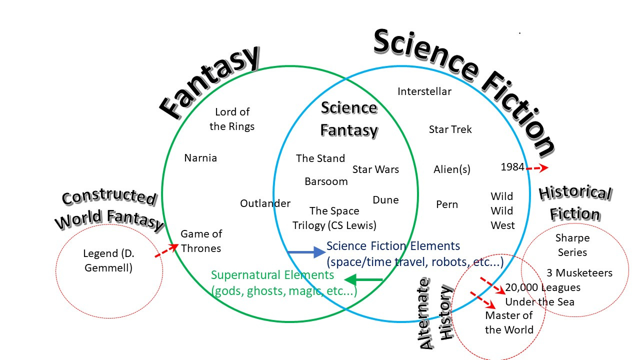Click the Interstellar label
click(x=424, y=91)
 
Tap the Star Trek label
click(x=450, y=129)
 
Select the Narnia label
click(x=200, y=158)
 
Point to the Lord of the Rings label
click(x=232, y=119)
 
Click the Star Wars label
click(x=375, y=169)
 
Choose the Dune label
click(x=385, y=200)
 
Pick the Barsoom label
click(x=326, y=181)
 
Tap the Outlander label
click(x=265, y=203)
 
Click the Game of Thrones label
click(x=201, y=241)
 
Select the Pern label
click(x=447, y=204)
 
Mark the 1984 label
click(x=512, y=167)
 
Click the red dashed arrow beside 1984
click(x=537, y=168)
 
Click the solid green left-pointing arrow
click(x=363, y=279)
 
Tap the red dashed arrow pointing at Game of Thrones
click(x=167, y=251)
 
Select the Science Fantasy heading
click(x=348, y=119)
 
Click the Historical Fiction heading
click(x=575, y=203)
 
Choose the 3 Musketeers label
click(x=579, y=273)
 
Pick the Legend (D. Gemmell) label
click(x=108, y=260)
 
